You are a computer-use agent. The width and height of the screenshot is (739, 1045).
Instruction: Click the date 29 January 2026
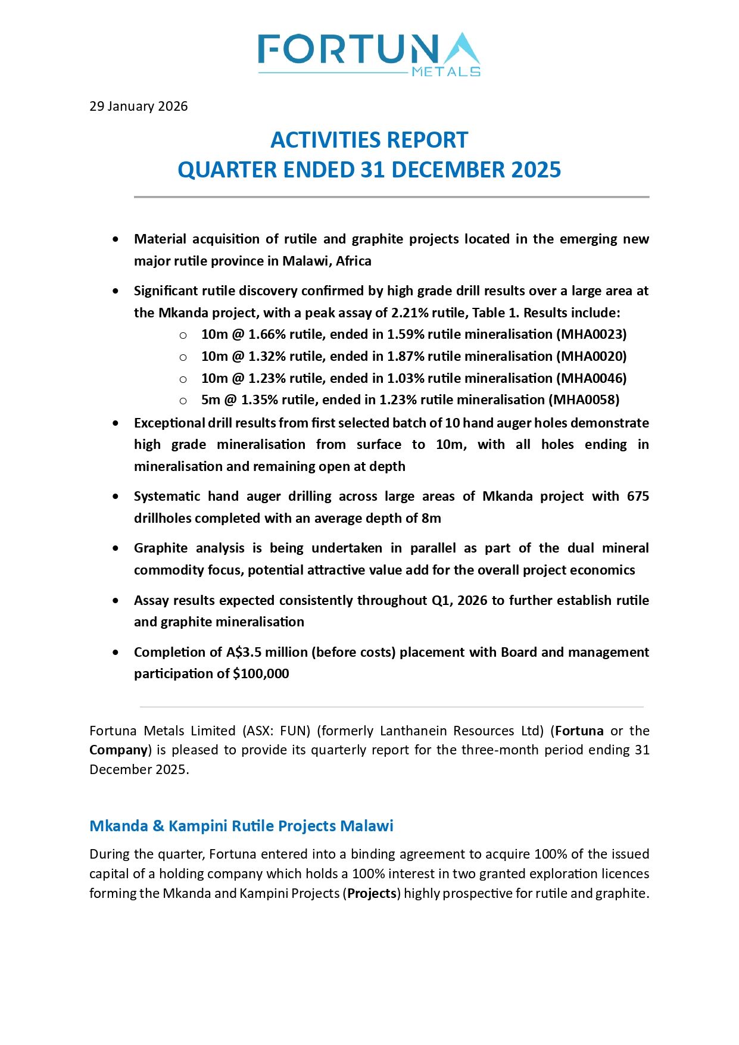(x=138, y=106)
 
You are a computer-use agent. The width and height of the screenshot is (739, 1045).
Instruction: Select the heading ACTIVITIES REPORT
(x=369, y=140)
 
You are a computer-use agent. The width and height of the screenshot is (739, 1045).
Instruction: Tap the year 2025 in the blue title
(x=536, y=170)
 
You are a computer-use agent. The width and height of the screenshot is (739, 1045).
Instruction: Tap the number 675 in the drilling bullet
(x=638, y=496)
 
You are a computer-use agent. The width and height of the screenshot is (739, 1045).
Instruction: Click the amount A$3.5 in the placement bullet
(x=244, y=652)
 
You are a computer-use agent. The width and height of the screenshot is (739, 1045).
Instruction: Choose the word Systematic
(x=167, y=496)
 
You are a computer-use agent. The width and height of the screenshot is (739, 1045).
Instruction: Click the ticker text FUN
(x=294, y=731)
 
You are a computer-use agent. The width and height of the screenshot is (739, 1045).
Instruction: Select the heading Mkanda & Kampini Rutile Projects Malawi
(x=241, y=826)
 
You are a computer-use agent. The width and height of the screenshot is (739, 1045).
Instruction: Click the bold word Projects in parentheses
(x=372, y=893)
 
